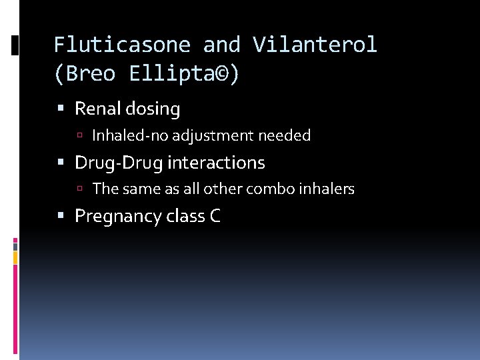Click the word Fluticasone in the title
(x=121, y=45)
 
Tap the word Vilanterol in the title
(x=315, y=45)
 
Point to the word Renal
(x=98, y=109)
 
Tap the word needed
(x=285, y=136)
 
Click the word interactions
(x=217, y=163)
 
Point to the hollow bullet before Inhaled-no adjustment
(x=79, y=137)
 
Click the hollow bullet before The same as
(x=79, y=190)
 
